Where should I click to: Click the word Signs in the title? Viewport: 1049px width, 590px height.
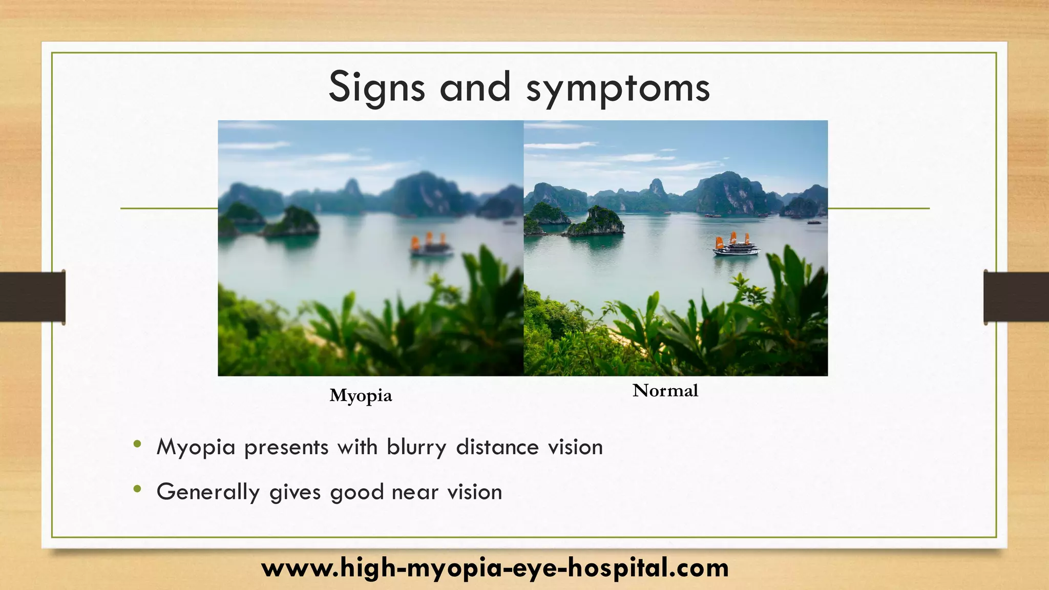coord(376,88)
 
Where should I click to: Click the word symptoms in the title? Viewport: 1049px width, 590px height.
coord(618,89)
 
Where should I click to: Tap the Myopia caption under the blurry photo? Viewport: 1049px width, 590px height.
coord(361,395)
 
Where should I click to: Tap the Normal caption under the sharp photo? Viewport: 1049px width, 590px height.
coord(665,391)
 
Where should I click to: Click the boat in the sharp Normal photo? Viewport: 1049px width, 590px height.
coord(736,246)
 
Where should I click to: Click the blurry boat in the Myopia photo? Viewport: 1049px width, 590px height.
coord(431,247)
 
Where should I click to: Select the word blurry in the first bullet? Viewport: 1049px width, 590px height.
coord(416,448)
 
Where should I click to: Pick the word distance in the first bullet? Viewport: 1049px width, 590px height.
coord(497,447)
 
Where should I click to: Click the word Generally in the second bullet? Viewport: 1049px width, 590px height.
coord(208,492)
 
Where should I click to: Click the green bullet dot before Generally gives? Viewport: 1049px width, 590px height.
coord(137,490)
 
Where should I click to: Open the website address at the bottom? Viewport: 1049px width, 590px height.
coord(495,568)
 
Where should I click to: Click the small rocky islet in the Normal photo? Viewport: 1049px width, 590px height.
coord(596,222)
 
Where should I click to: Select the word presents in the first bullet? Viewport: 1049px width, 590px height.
coord(286,448)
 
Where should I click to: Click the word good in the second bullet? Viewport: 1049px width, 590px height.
coord(357,493)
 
